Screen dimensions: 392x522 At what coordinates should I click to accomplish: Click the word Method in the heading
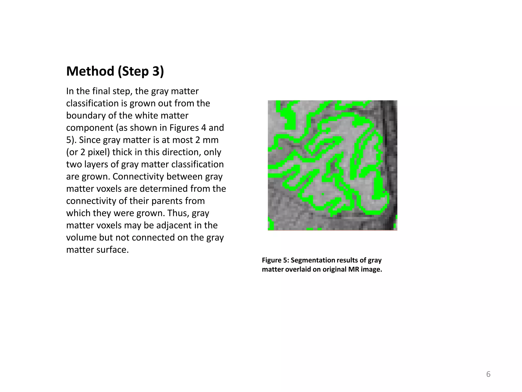pyautogui.click(x=90, y=71)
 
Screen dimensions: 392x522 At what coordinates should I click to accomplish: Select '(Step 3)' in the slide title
pyautogui.click(x=141, y=71)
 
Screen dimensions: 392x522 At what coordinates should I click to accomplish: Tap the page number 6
pyautogui.click(x=488, y=374)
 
